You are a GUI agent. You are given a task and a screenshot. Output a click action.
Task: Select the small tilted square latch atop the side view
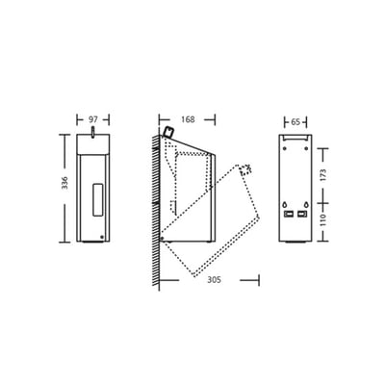tap(167, 130)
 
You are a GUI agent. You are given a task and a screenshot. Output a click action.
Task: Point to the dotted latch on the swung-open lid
tap(246, 169)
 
